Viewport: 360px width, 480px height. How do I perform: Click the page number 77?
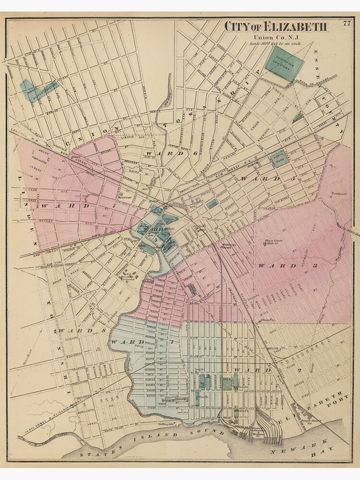coord(347,22)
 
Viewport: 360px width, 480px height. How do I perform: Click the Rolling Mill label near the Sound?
coord(165,424)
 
